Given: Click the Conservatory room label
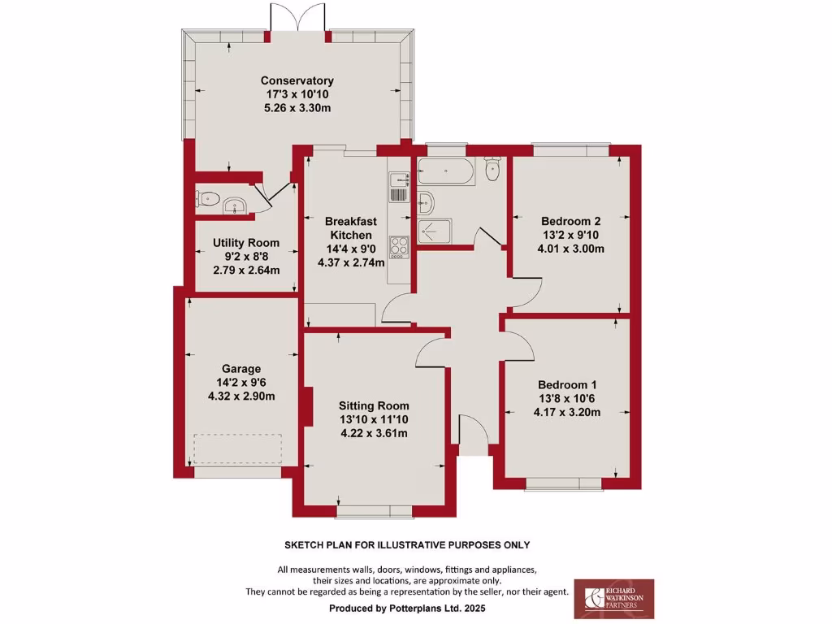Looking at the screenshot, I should [297, 80].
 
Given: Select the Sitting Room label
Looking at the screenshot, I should [374, 405].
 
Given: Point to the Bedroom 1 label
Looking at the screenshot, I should [567, 384].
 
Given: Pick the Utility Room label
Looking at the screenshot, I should [245, 242].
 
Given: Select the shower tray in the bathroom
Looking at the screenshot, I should [434, 232].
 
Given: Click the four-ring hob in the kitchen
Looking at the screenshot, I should [399, 245].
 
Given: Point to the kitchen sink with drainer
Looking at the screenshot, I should [398, 188].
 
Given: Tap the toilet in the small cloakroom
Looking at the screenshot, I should [208, 197].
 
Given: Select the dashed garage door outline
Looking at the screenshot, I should [237, 448].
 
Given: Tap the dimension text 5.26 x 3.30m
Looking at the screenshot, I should [297, 108].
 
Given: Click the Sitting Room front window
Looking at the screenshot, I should [374, 511].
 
